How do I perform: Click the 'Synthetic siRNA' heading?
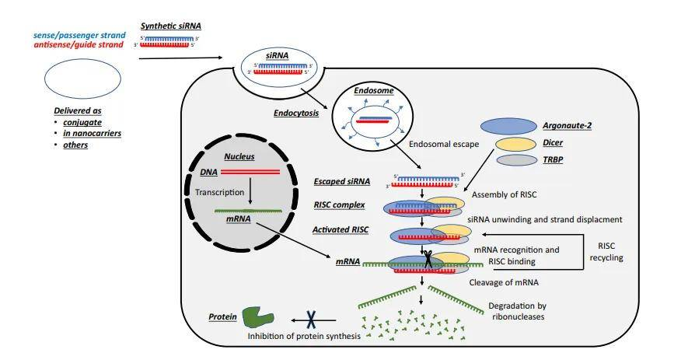click(170, 26)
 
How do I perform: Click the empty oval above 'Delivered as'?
click(82, 79)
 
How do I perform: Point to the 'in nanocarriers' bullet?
click(92, 133)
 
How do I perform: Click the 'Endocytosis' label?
click(296, 112)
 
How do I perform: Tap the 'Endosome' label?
click(374, 91)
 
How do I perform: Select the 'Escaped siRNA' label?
click(341, 183)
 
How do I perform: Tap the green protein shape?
click(258, 316)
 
